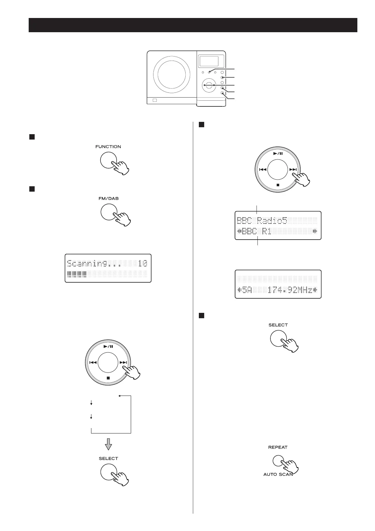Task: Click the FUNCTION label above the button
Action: coord(108,146)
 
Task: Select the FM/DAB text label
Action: coord(108,199)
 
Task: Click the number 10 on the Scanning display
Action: coord(143,263)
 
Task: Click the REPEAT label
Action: coord(278,447)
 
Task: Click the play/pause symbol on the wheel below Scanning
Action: coord(108,346)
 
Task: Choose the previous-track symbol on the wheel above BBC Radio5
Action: coord(262,170)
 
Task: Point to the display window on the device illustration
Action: coord(209,61)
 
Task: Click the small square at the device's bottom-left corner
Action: coord(154,100)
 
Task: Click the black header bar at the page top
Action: coord(193,25)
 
